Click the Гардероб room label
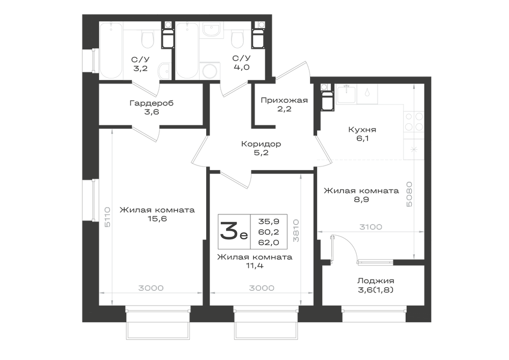click(152, 103)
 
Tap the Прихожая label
click(284, 100)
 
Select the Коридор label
click(261, 144)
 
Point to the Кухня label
click(362, 129)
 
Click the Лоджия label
click(376, 281)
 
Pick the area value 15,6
click(157, 219)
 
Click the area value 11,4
click(254, 266)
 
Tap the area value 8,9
click(361, 200)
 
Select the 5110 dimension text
click(107, 217)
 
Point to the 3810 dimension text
click(296, 231)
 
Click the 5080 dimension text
click(409, 194)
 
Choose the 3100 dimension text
click(371, 227)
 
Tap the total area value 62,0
click(269, 242)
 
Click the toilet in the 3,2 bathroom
click(148, 39)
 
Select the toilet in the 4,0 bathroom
click(238, 39)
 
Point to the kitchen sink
click(347, 94)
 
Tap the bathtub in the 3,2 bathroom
click(111, 50)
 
